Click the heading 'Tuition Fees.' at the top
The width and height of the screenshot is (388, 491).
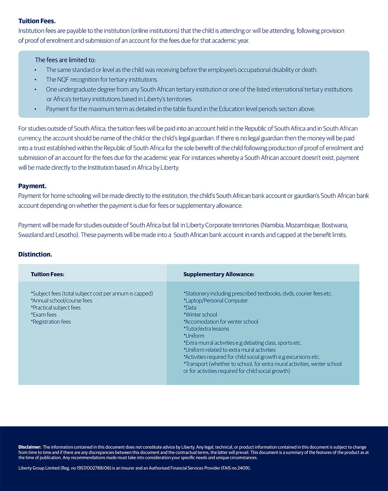pos(37,21)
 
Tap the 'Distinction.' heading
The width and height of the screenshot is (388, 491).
pos(35,255)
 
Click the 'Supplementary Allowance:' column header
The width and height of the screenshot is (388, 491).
pos(219,275)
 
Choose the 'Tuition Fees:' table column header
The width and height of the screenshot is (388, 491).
pos(47,275)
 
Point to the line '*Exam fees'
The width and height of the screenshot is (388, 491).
pos(44,315)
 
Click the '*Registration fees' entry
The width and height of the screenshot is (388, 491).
pos(51,322)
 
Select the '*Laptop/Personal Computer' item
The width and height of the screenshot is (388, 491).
pos(216,301)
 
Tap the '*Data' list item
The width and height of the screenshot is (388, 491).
pos(190,308)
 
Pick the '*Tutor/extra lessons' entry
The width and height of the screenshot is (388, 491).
pos(206,329)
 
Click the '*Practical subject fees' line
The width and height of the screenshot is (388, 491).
pos(56,308)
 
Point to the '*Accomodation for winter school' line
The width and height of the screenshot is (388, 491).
pos(221,322)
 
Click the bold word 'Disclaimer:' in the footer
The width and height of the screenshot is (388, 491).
pos(30,447)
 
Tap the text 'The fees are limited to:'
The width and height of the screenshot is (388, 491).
pos(65,60)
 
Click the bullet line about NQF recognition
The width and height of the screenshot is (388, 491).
pos(102,80)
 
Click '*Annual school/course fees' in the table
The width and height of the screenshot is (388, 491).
pos(61,301)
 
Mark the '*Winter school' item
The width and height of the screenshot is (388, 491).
pos(200,315)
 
